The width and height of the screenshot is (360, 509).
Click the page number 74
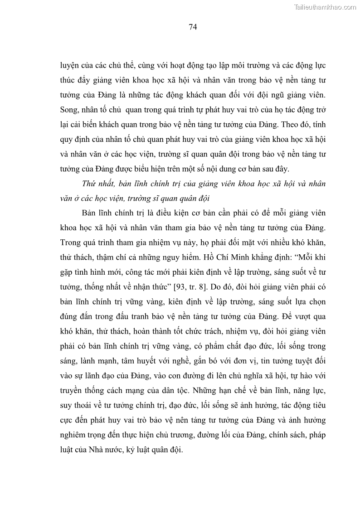(x=192, y=27)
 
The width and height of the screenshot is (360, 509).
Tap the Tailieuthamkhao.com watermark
(x=325, y=7)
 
